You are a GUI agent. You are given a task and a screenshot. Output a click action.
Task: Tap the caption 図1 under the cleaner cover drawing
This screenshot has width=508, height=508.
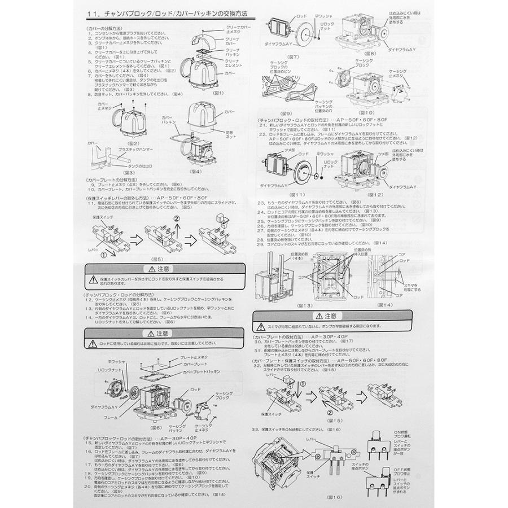tap(220, 93)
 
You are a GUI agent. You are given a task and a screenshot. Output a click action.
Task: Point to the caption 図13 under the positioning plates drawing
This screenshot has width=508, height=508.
tap(289, 305)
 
